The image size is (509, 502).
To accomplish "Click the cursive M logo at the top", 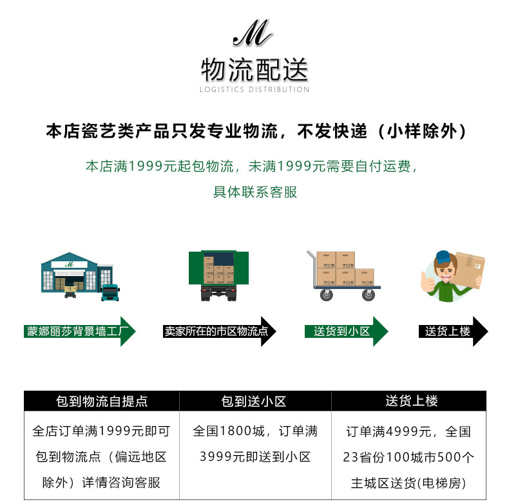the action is click(253, 36).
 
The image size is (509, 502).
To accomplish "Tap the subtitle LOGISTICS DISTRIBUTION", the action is click(254, 89).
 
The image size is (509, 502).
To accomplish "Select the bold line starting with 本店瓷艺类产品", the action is click(254, 132).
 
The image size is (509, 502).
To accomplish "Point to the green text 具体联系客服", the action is click(255, 192).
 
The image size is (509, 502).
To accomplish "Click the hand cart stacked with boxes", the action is click(343, 275).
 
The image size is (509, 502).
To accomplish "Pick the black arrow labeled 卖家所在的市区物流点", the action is click(220, 331).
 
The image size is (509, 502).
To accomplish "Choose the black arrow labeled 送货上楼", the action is click(453, 331).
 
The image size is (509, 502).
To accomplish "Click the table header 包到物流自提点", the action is click(102, 402).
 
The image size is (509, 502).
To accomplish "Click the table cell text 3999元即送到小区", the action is click(255, 457).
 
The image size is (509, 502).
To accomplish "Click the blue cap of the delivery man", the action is click(444, 257).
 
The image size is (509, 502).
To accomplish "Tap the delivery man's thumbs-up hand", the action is click(426, 281).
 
